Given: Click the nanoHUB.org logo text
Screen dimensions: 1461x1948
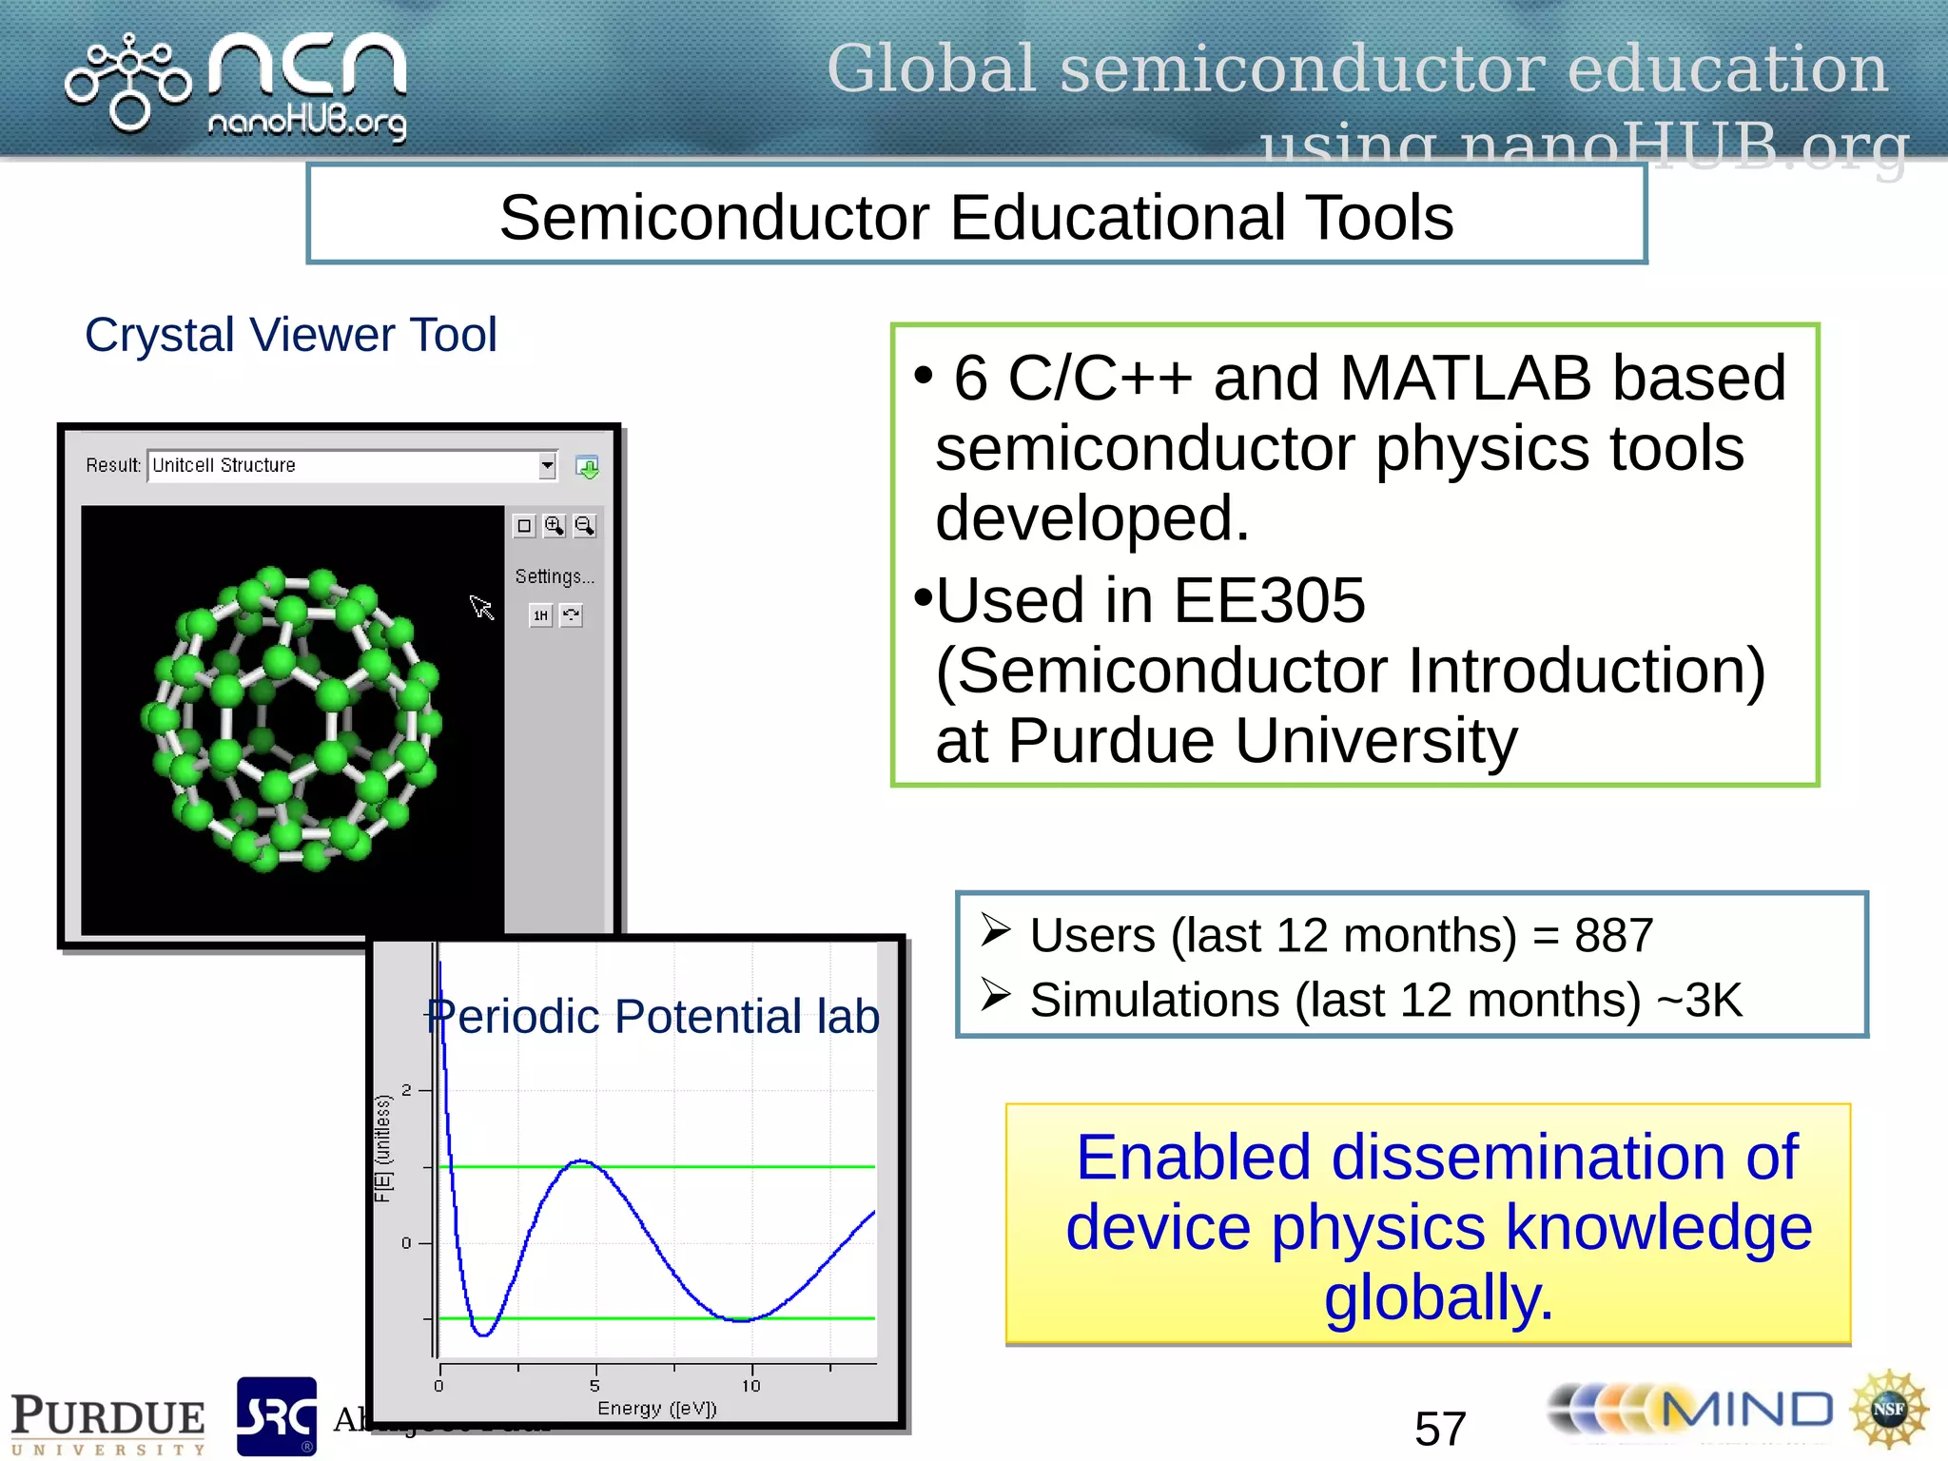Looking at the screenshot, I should [306, 122].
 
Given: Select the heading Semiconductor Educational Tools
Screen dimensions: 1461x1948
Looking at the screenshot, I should [976, 217].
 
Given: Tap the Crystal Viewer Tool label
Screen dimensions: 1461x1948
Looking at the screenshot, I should [290, 335].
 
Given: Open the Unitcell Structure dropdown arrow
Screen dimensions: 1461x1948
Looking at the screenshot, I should [547, 465].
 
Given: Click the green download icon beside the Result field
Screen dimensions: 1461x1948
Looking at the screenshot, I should [587, 467].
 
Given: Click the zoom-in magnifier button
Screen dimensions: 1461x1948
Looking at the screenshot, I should [554, 526].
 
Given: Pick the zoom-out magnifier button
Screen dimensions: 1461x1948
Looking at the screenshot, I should [584, 526].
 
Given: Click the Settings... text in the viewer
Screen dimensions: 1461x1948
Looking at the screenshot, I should [554, 576].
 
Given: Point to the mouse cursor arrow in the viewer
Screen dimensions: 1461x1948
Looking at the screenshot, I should [480, 606].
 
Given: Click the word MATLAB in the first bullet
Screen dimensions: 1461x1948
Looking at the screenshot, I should [1465, 379].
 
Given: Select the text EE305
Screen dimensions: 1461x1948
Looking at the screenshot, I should [1269, 601].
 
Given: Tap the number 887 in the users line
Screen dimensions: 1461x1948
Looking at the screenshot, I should [1613, 935].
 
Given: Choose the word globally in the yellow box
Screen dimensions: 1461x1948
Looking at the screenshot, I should [1438, 1297].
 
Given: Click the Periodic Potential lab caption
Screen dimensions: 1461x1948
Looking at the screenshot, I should [653, 1016].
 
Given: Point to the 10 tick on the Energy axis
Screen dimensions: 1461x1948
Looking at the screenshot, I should [750, 1385].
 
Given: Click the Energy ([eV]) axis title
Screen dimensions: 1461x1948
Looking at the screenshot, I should [656, 1408].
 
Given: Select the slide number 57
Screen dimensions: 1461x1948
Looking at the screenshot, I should [1440, 1428].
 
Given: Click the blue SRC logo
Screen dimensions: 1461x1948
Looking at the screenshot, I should [276, 1416].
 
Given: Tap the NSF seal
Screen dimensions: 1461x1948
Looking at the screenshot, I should [1888, 1409].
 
